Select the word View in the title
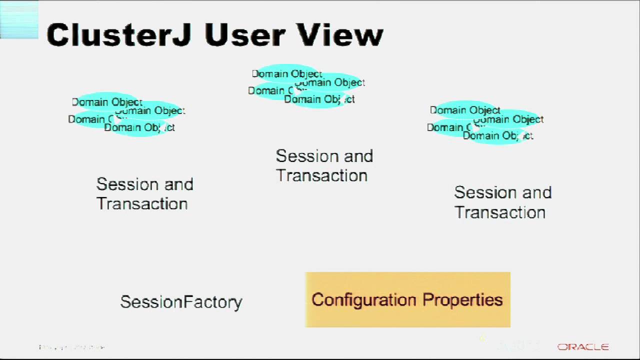pyautogui.click(x=340, y=35)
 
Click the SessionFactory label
pyautogui.click(x=181, y=302)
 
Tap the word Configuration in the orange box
pyautogui.click(x=363, y=300)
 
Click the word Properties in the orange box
pyautogui.click(x=462, y=300)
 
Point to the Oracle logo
pyautogui.click(x=583, y=347)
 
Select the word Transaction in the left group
pyautogui.click(x=142, y=204)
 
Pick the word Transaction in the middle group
pyautogui.click(x=321, y=176)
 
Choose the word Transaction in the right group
pyautogui.click(x=500, y=212)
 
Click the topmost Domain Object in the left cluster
pyautogui.click(x=107, y=102)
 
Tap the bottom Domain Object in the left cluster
pyautogui.click(x=139, y=128)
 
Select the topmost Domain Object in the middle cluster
pyautogui.click(x=287, y=74)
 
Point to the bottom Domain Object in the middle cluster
pyautogui.click(x=319, y=99)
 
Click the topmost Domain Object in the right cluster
pyautogui.click(x=465, y=110)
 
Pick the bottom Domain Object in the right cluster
pyautogui.click(x=497, y=136)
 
